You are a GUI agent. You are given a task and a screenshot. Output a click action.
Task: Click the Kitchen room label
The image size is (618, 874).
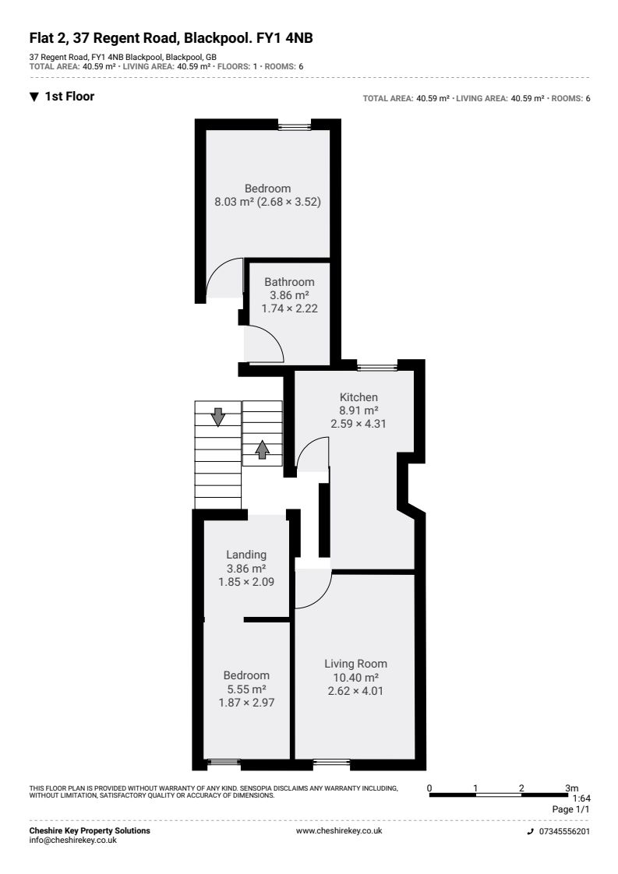[x=358, y=397]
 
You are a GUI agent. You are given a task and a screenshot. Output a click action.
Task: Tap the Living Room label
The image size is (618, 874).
[x=356, y=664]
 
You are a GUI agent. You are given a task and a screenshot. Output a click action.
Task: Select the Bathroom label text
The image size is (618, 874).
[x=289, y=282]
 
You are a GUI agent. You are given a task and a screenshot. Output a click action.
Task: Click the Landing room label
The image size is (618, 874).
[x=246, y=555]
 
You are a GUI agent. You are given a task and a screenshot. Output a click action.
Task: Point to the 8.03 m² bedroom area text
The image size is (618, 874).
[x=235, y=202]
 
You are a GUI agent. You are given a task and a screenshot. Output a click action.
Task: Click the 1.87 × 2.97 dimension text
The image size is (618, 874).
[x=246, y=703]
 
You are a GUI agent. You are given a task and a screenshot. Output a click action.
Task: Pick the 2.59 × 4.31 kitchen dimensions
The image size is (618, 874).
[x=358, y=424]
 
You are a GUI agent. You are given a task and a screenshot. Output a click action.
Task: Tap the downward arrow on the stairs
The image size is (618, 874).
[x=218, y=417]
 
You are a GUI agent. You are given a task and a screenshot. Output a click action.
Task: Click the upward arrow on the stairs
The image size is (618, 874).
[x=262, y=449]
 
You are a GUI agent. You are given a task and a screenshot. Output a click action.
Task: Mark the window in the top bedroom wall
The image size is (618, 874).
[x=295, y=127]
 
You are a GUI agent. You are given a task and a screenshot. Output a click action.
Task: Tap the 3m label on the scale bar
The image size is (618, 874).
[x=572, y=788]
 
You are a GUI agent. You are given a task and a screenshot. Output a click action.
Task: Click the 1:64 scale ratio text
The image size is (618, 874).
[x=581, y=798]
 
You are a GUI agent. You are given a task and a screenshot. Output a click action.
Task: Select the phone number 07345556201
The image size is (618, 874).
[x=564, y=831]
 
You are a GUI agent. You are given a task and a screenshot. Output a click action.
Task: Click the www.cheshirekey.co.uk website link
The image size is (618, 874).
[x=339, y=830]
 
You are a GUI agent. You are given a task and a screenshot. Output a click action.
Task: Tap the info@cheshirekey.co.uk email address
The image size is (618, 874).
[x=73, y=840]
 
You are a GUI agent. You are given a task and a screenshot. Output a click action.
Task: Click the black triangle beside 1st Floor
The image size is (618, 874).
[x=34, y=97]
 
